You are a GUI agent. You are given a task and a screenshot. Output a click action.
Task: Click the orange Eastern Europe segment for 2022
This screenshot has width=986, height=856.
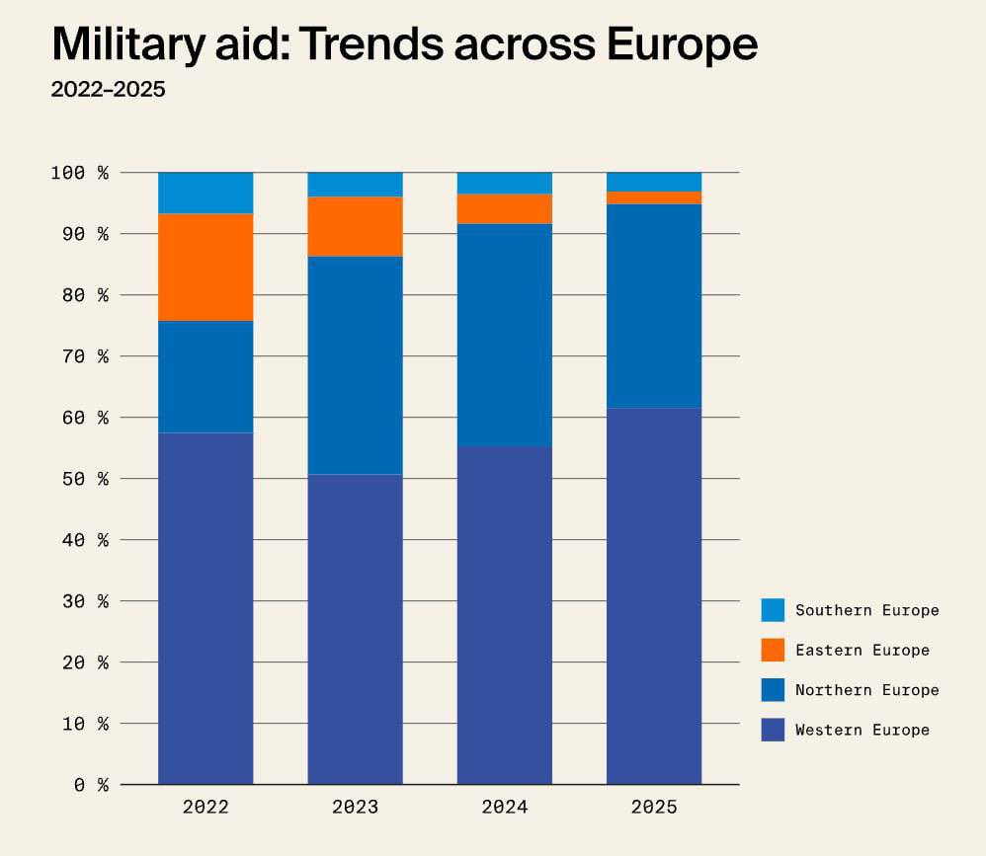[205, 267]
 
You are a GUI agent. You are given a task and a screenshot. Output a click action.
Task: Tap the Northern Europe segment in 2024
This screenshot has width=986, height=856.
[504, 335]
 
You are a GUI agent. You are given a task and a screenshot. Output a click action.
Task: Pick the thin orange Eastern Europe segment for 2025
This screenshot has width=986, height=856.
[654, 197]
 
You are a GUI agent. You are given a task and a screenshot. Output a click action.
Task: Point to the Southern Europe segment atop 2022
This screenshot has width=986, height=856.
[205, 193]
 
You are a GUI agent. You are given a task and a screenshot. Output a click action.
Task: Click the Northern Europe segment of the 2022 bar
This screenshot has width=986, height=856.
[205, 376]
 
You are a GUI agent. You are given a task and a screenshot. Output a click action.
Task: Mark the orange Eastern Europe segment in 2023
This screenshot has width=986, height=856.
[355, 226]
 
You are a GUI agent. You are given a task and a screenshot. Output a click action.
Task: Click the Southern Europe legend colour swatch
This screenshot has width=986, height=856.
[773, 610]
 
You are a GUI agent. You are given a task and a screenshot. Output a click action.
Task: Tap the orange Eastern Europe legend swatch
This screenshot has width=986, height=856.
[773, 650]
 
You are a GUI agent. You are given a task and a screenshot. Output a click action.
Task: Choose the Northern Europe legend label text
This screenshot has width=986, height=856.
[866, 690]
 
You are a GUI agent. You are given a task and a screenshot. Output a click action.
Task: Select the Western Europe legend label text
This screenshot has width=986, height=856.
[862, 731]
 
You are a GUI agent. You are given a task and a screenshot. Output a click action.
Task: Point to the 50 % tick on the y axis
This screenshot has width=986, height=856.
[79, 479]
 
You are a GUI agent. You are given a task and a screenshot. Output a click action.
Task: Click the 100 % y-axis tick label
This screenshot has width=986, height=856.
[79, 173]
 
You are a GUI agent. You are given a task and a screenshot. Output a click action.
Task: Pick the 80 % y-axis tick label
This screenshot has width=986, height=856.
[79, 295]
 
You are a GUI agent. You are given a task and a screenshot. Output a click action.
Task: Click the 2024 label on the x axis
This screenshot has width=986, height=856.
[504, 808]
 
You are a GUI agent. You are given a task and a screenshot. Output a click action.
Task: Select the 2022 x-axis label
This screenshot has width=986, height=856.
[205, 808]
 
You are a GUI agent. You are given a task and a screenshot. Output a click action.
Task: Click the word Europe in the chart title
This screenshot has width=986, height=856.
[671, 44]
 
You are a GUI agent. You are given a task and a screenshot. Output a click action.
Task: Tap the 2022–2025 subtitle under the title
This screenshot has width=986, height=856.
[108, 90]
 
